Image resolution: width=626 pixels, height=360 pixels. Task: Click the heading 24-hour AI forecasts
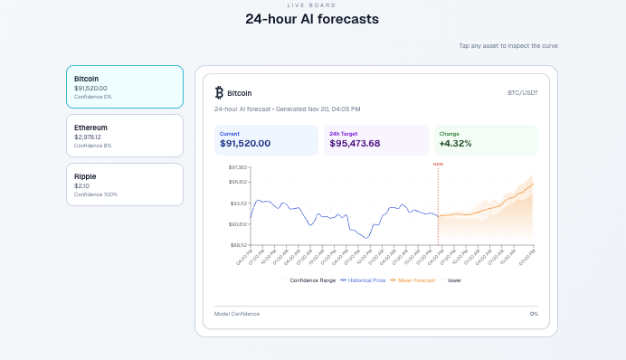[x=312, y=19]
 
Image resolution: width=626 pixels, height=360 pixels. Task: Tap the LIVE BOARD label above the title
[x=312, y=5]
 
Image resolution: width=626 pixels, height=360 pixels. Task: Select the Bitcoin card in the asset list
[x=125, y=87]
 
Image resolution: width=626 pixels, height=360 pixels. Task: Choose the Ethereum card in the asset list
[x=125, y=136]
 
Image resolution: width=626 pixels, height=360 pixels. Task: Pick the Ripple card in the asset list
[x=125, y=185]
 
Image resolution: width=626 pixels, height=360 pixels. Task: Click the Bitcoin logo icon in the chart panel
[x=219, y=92]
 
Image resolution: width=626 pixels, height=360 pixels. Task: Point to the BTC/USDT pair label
[x=523, y=92]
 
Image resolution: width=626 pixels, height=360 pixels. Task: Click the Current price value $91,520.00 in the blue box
[x=245, y=144]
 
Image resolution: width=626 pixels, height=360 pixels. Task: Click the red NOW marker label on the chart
[x=438, y=165]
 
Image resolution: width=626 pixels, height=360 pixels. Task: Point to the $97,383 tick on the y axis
[x=237, y=168]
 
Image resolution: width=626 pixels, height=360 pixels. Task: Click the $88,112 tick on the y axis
[x=237, y=244]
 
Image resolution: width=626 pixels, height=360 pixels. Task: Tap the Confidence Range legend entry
[x=312, y=280]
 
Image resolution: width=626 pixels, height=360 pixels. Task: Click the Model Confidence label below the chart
[x=237, y=314]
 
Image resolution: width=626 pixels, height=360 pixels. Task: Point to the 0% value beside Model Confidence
[x=534, y=314]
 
